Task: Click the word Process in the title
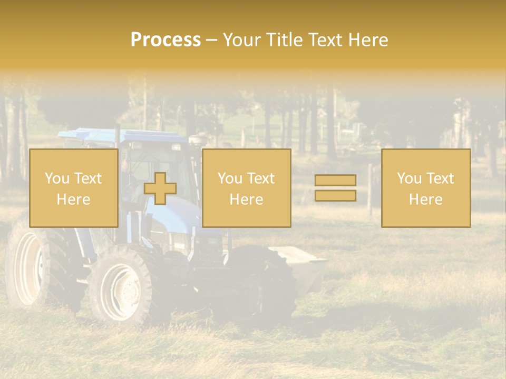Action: tap(166, 40)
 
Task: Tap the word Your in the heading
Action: tap(242, 40)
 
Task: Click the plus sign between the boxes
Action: tap(160, 188)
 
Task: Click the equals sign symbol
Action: tap(335, 188)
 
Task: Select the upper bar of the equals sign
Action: tap(335, 181)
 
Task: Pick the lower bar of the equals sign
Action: tap(335, 195)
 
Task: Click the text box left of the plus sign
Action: tap(74, 188)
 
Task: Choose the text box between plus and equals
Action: tap(247, 188)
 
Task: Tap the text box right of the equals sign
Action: tap(426, 188)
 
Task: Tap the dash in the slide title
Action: tap(211, 40)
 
